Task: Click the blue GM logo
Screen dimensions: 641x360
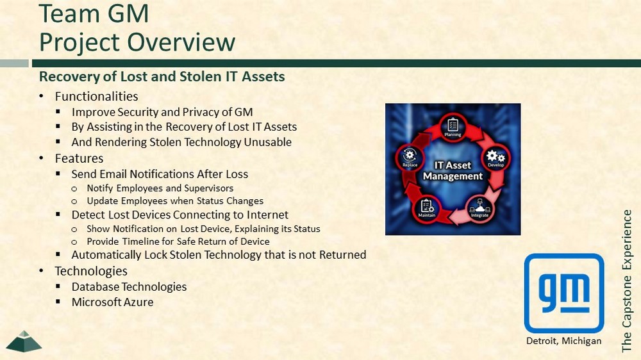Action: [x=563, y=293]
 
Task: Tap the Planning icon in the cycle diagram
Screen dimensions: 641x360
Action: [x=453, y=127]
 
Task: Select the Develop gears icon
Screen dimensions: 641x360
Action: [x=496, y=158]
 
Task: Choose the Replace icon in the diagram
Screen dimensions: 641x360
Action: [x=410, y=158]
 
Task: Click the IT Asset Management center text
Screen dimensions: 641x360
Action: [x=453, y=170]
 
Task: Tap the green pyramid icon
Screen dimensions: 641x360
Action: [x=24, y=341]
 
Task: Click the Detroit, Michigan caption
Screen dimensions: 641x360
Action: [x=563, y=341]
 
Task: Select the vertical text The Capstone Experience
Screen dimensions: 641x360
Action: [x=626, y=281]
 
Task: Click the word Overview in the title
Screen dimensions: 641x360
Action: [x=181, y=42]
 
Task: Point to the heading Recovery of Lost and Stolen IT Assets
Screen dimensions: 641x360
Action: [x=162, y=76]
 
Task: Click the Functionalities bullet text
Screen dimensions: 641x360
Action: [x=97, y=97]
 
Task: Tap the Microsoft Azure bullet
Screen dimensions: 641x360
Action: [x=112, y=302]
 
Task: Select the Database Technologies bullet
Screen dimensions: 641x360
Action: [x=129, y=287]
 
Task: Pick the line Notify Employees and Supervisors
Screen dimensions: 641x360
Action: [x=160, y=188]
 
